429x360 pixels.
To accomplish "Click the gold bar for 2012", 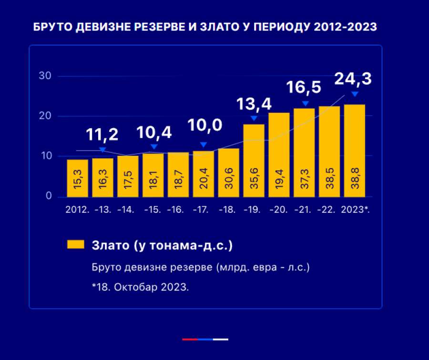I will click(x=77, y=178).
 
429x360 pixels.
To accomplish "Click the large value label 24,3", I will click(x=353, y=79).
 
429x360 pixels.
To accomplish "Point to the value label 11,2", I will click(x=102, y=135).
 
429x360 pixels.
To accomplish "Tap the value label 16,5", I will click(x=304, y=88).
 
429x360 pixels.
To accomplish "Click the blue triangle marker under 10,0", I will click(x=204, y=145).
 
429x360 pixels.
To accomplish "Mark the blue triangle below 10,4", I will click(x=153, y=147).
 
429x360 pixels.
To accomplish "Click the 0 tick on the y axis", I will click(x=48, y=196).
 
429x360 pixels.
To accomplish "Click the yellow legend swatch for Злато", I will click(x=75, y=244).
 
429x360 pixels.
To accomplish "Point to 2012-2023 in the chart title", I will click(x=346, y=27).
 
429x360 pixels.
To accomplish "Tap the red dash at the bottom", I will click(x=190, y=339).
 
